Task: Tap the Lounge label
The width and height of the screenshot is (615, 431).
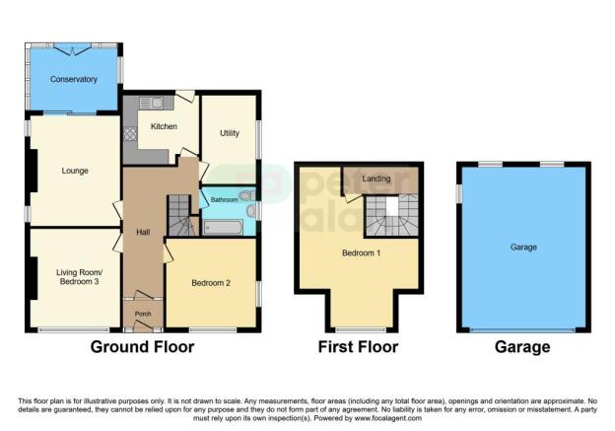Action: coord(76,171)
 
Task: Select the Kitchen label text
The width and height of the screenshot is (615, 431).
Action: coord(164,126)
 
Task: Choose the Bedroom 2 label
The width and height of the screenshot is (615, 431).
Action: coord(211,283)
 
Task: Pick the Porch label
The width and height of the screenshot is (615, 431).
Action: coord(142,315)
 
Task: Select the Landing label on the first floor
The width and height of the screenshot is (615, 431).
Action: coord(375,179)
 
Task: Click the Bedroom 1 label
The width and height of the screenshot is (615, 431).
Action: coord(360,252)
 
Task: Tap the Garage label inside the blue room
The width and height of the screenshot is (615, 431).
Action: coord(523,247)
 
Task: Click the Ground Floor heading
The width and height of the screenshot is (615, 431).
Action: coord(142,347)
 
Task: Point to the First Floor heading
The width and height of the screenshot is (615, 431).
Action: coord(358,347)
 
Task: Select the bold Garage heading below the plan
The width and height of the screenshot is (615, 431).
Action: coord(523,347)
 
